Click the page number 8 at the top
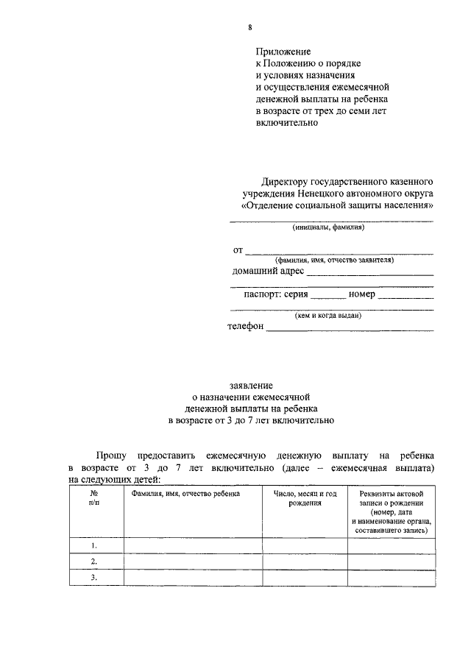coord(250,28)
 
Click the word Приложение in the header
coord(283,52)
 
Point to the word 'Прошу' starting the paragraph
coord(111,456)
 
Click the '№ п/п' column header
coord(95,500)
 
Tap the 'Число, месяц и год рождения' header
coord(305,499)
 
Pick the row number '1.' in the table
coord(95,546)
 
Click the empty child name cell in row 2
coord(193,562)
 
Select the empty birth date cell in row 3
coord(305,578)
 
